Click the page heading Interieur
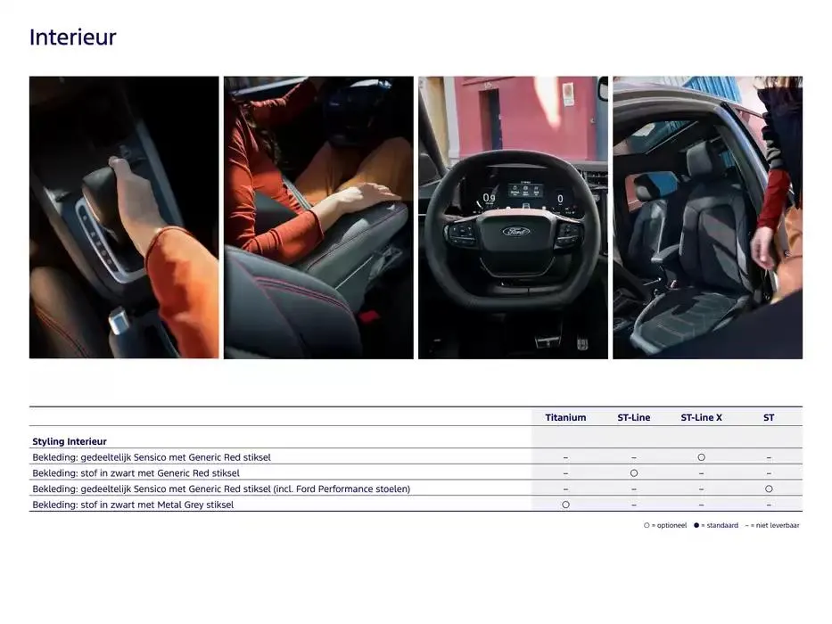coord(72,37)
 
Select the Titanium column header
coord(565,417)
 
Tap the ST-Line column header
coord(633,417)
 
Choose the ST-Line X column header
coord(701,417)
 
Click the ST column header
coord(768,417)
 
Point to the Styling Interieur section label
coord(70,441)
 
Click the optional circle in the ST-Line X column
coord(701,457)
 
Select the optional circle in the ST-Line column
coord(633,473)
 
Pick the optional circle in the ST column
coord(768,489)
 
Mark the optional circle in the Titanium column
coord(565,505)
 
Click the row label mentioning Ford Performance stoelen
coord(221,489)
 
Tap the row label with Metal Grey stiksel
coord(133,505)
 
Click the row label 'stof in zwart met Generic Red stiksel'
coord(136,473)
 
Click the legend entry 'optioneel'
coord(666,526)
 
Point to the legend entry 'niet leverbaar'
coord(774,526)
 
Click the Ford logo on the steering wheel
coord(515,231)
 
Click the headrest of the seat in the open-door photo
coord(704,160)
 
